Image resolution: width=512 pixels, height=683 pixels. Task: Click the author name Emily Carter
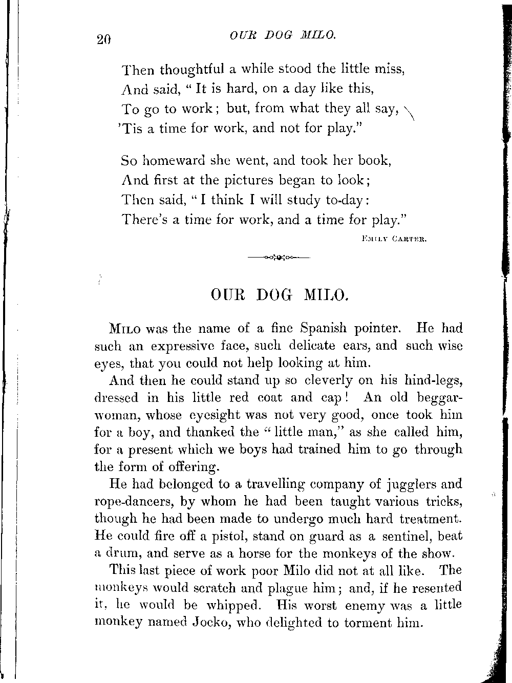394,238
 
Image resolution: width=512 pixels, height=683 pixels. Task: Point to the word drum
121,553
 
